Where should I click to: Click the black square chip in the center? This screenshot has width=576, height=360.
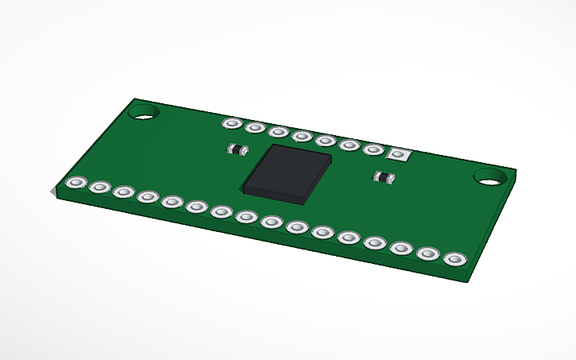click(288, 170)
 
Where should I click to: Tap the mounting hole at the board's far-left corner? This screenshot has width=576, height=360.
click(145, 112)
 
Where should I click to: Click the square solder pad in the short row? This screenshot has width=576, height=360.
click(397, 154)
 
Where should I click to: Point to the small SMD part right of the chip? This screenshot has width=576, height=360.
click(385, 177)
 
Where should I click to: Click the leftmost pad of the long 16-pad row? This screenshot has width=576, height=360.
click(76, 184)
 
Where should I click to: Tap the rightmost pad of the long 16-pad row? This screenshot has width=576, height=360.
click(454, 259)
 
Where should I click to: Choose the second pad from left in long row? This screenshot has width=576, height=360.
click(99, 188)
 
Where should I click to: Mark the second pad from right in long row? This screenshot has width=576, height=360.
click(428, 254)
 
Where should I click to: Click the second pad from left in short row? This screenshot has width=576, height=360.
click(255, 127)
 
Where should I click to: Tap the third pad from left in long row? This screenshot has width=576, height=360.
click(123, 192)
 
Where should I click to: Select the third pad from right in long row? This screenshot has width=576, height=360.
click(402, 248)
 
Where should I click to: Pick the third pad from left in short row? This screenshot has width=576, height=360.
click(278, 131)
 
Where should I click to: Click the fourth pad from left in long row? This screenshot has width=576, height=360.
click(148, 196)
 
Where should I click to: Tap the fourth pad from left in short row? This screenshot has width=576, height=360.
click(302, 136)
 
